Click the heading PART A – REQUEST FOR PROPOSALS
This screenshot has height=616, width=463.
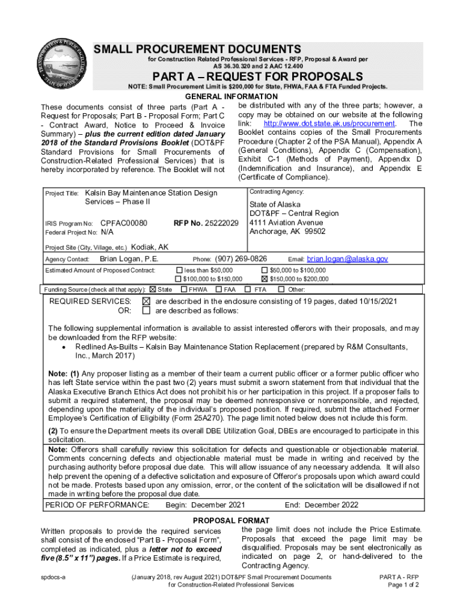click(258, 76)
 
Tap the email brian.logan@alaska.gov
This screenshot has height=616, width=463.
click(348, 259)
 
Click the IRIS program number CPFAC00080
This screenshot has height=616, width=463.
click(124, 223)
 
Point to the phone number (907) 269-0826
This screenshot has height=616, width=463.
click(241, 259)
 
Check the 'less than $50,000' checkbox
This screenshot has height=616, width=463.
click(178, 270)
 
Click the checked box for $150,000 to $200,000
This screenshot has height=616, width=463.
click(265, 279)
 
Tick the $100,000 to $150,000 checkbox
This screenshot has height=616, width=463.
click(178, 279)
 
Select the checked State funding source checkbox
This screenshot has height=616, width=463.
click(152, 289)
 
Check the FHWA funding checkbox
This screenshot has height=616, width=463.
click(184, 289)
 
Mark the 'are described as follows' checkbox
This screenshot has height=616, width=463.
click(146, 311)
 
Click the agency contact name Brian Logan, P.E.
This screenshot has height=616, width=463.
click(129, 259)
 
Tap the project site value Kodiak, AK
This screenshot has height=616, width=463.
click(150, 247)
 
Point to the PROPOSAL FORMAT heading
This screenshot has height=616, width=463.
click(231, 520)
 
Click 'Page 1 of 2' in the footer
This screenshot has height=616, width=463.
click(403, 585)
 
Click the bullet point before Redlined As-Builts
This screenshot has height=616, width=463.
click(64, 348)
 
